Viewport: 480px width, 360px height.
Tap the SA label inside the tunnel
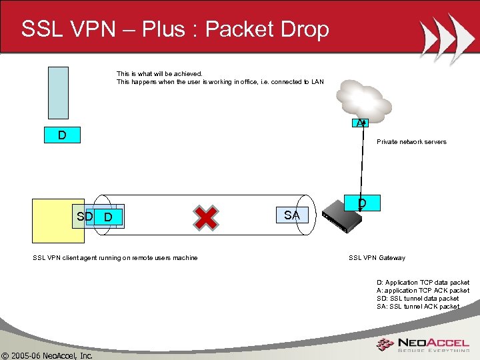(x=291, y=215)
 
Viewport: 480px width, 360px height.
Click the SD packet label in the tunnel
(x=85, y=217)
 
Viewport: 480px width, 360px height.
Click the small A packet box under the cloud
(x=361, y=122)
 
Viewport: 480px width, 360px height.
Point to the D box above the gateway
(x=361, y=202)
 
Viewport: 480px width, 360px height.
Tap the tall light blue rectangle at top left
(x=58, y=92)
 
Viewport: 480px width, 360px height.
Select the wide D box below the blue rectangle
(x=61, y=135)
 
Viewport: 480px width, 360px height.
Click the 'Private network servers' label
(x=411, y=142)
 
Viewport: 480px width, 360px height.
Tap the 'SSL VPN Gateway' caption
(x=377, y=258)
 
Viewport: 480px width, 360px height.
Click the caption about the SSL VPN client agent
(x=115, y=258)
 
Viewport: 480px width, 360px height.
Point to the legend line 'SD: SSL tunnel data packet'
(x=417, y=299)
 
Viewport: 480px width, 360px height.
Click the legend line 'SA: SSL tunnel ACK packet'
(x=417, y=307)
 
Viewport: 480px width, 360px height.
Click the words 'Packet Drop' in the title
(x=267, y=29)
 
